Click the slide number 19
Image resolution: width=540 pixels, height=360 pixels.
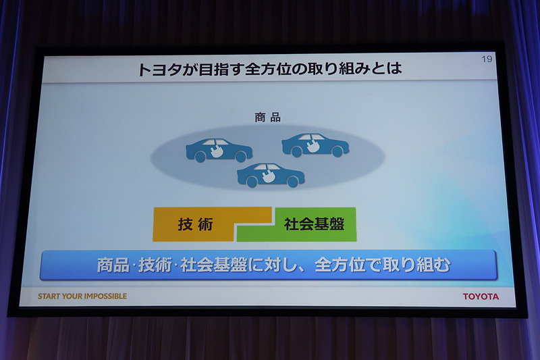tap(487, 59)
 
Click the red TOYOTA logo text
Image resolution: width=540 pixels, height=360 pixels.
tap(481, 297)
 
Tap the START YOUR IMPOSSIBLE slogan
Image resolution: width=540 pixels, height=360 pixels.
tap(82, 296)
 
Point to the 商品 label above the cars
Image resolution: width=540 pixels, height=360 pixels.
tap(267, 118)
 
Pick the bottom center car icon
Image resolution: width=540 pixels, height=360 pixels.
tap(271, 175)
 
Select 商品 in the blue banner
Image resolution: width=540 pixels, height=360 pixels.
tap(113, 265)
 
